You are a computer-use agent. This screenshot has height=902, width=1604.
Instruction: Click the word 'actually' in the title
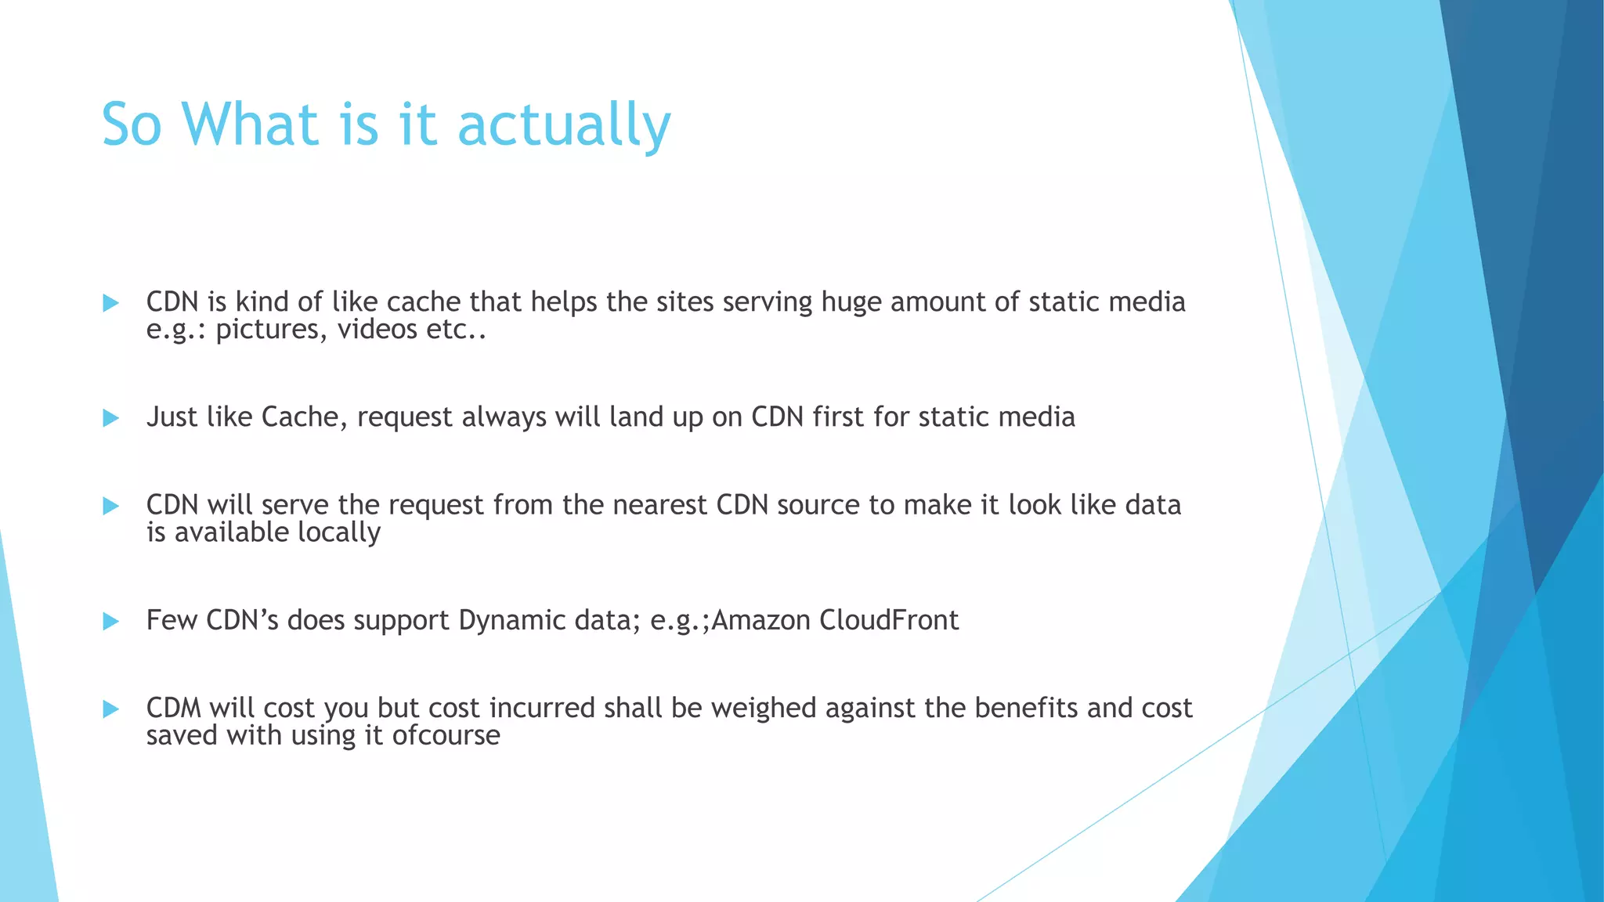pos(564,125)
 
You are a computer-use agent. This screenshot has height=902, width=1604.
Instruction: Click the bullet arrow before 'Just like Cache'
pos(111,418)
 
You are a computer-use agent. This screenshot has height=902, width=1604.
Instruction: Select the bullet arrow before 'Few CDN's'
pos(111,622)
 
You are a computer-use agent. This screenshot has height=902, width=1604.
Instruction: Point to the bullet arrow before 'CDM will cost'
pos(111,709)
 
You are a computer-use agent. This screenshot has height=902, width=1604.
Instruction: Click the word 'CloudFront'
pos(889,620)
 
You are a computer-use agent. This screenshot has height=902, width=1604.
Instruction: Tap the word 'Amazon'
pos(760,620)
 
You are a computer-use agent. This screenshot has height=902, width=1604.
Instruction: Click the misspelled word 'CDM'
pos(173,708)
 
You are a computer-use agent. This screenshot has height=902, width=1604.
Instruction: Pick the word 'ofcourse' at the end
pos(446,735)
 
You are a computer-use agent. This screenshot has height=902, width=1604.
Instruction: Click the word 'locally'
pos(339,532)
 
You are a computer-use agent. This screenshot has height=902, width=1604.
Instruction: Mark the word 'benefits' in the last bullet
pos(1026,708)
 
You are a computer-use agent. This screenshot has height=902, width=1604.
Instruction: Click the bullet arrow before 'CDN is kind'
pos(111,303)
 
